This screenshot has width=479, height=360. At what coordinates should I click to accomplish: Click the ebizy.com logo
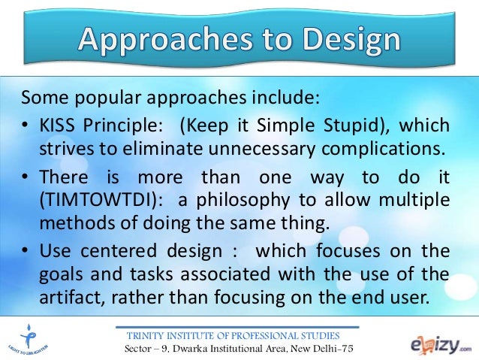[438, 343]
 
